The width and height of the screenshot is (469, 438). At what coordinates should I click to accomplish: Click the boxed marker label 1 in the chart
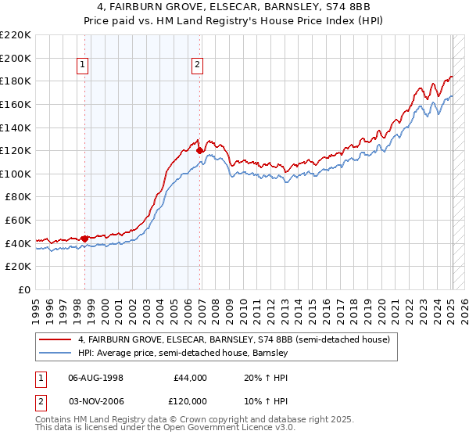84,66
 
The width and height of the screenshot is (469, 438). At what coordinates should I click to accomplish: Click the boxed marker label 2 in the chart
198,66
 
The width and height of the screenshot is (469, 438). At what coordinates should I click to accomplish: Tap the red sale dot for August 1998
84,237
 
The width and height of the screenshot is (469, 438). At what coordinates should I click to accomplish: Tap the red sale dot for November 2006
199,149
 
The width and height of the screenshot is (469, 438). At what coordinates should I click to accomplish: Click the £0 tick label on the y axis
23,289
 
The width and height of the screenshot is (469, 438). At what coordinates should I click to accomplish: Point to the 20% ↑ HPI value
256,378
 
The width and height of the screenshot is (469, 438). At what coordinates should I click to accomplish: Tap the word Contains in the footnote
53,420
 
